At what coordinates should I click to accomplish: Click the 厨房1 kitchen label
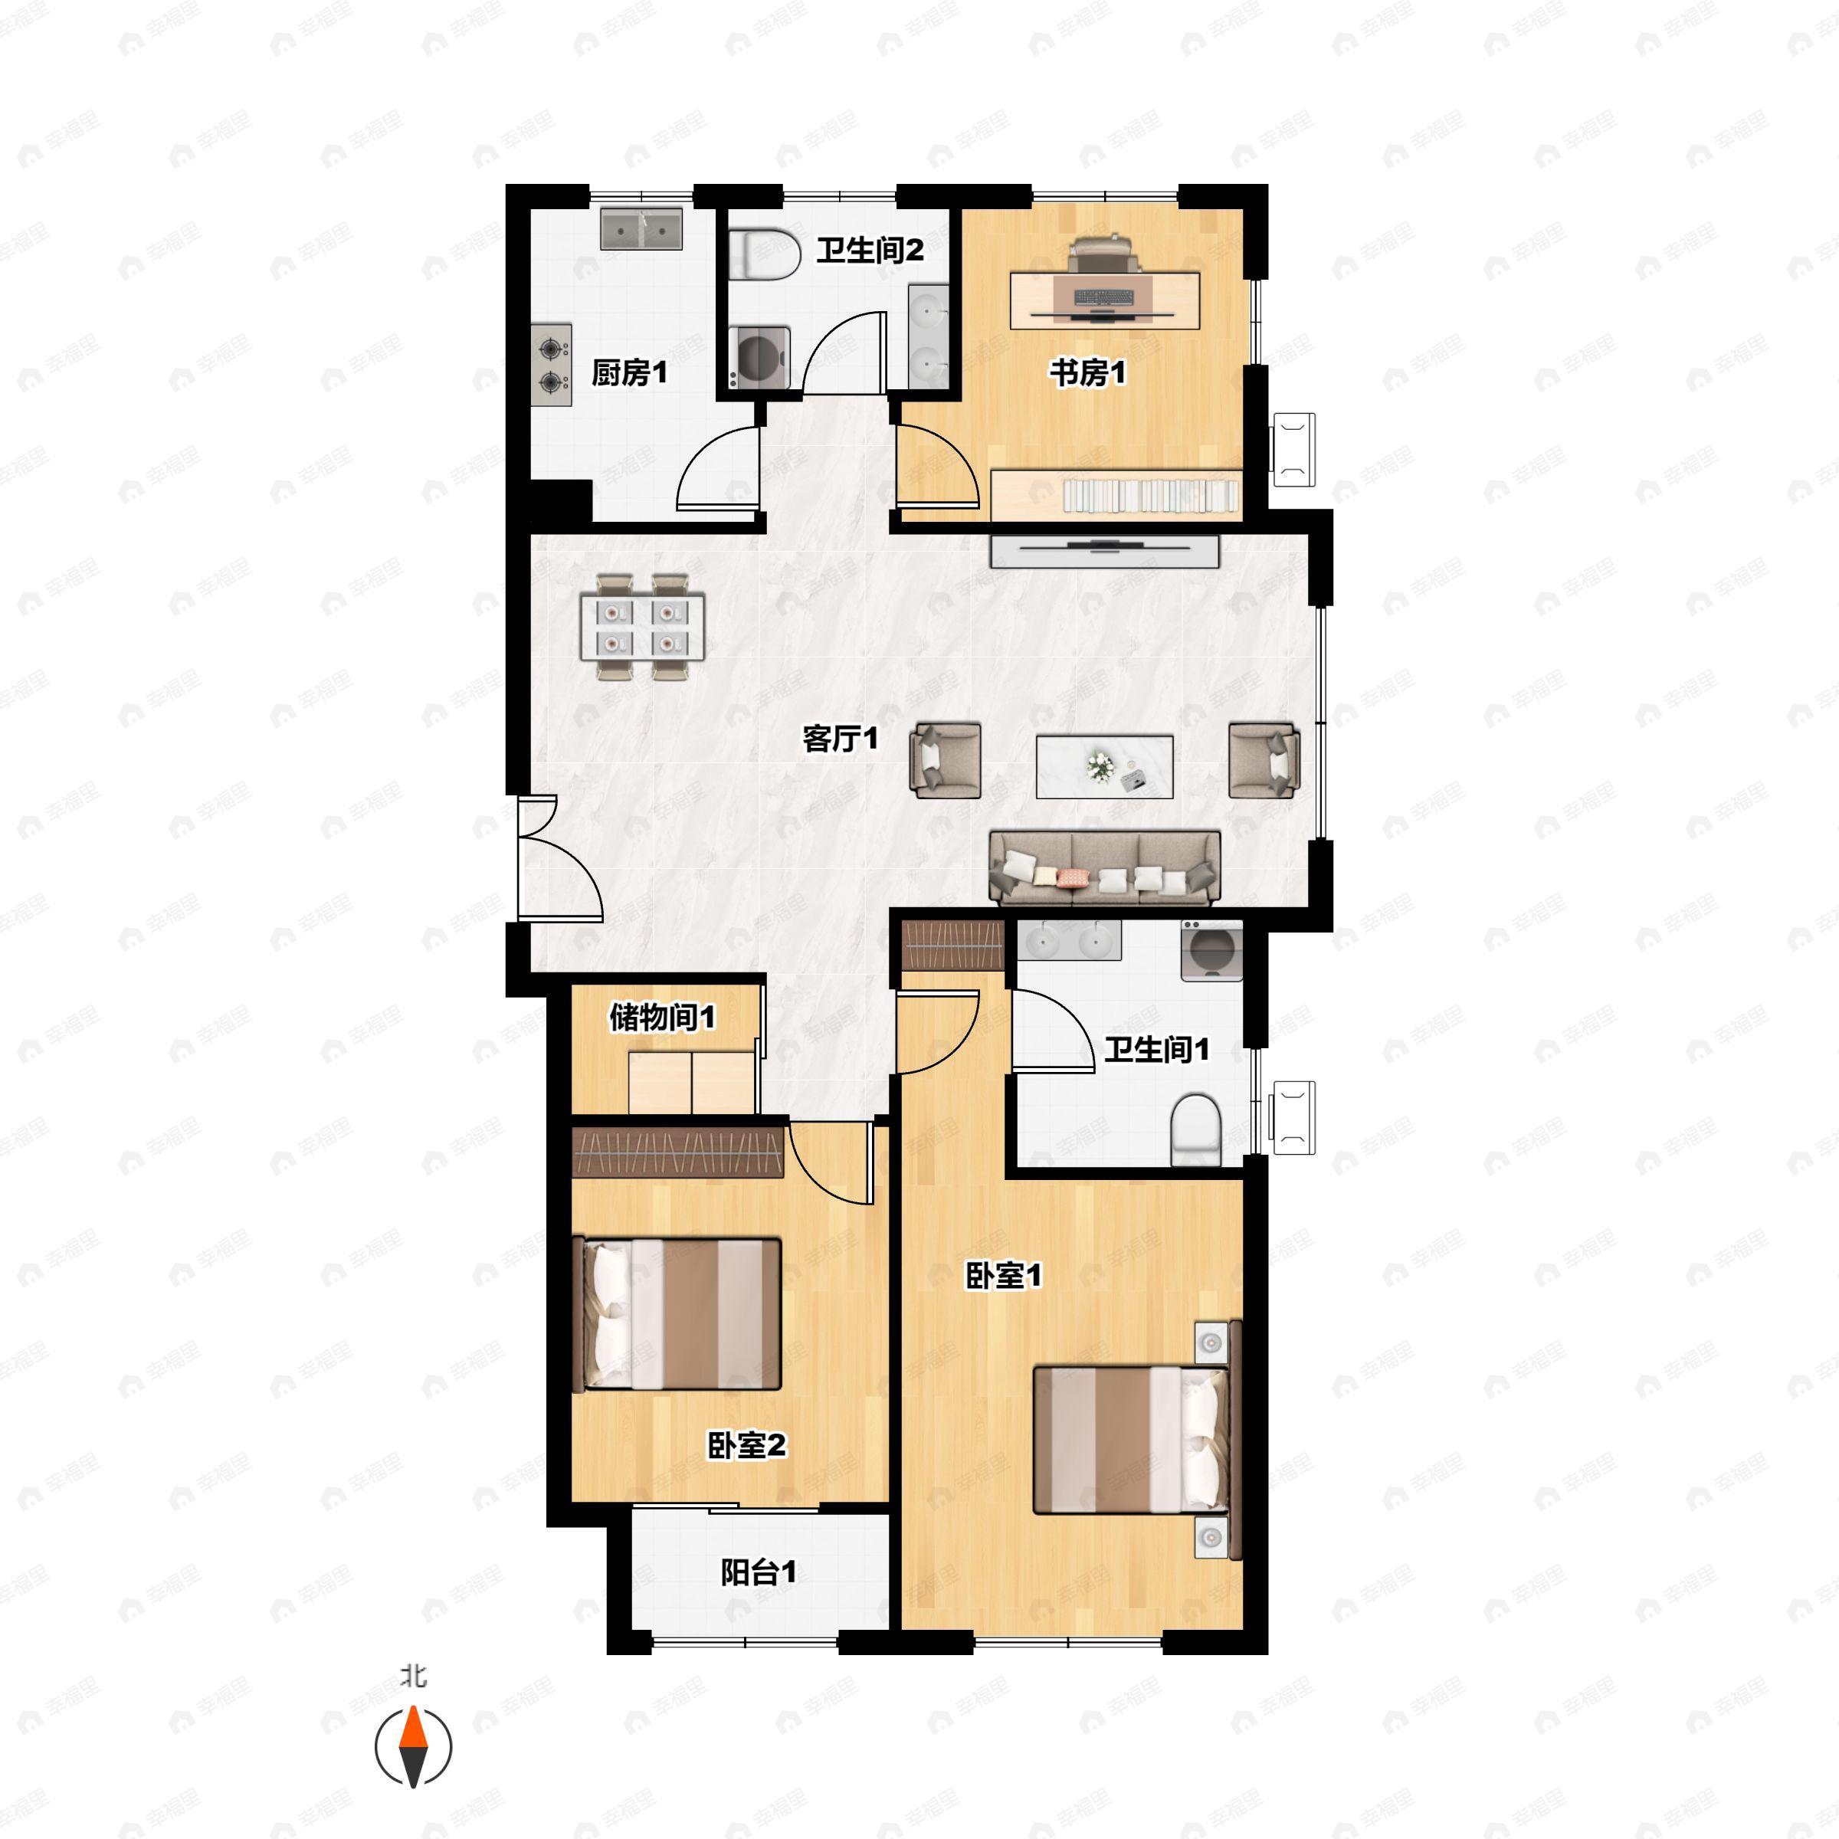tap(629, 372)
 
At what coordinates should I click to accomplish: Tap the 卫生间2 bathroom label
tap(870, 251)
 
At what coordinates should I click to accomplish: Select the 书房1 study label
tap(1088, 372)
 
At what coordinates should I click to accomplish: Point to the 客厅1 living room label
tap(841, 738)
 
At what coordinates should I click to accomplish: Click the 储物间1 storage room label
tap(663, 1018)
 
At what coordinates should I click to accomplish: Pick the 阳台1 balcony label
tap(759, 1572)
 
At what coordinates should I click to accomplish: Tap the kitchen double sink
tap(641, 229)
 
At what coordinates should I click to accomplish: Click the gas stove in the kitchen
tap(551, 366)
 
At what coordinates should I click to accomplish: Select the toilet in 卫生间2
tap(767, 252)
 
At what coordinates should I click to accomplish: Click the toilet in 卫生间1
tap(1195, 1130)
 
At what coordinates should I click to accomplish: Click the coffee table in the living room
tap(1104, 766)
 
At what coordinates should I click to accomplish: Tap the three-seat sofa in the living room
tap(1105, 868)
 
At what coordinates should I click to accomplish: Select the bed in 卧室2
tap(676, 1313)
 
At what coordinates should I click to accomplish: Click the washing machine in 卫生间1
tap(1211, 950)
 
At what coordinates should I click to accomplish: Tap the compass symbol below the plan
tap(413, 1748)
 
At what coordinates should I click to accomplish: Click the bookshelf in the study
tap(1116, 495)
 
